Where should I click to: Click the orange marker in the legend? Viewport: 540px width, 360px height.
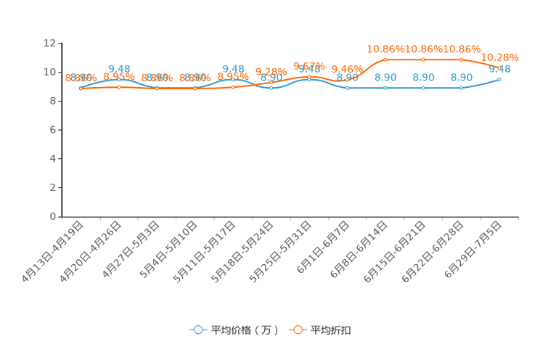click(297, 330)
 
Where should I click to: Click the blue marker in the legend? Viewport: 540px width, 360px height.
click(197, 330)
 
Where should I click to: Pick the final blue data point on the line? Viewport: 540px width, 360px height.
click(499, 78)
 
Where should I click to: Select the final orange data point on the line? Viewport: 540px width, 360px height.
click(499, 67)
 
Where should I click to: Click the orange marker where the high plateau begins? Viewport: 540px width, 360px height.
click(385, 59)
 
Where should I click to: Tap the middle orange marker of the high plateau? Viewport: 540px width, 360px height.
click(423, 59)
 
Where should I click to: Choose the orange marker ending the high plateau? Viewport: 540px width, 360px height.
click(461, 59)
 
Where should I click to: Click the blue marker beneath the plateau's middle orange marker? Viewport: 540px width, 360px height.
click(423, 87)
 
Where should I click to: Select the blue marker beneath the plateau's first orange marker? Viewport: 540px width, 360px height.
click(385, 87)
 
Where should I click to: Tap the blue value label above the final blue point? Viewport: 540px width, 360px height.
click(500, 69)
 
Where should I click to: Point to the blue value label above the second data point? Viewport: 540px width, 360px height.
click(118, 68)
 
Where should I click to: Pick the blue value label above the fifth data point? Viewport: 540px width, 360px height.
click(232, 68)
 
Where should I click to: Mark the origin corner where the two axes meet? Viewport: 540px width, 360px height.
click(62, 216)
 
